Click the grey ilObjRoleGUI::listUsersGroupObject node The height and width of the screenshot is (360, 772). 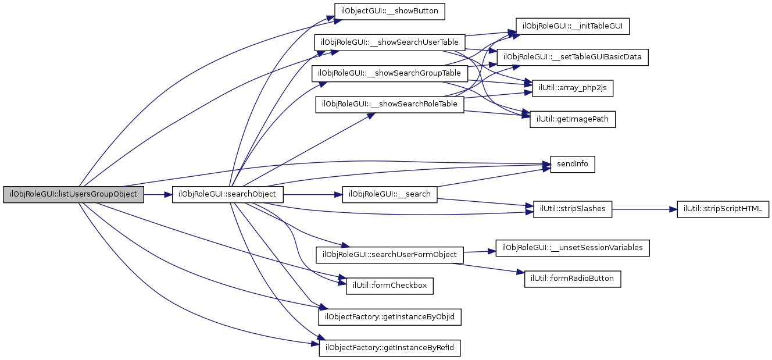click(x=73, y=194)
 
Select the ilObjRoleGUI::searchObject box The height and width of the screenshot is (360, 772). click(x=228, y=194)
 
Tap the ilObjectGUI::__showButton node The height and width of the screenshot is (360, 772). click(x=389, y=11)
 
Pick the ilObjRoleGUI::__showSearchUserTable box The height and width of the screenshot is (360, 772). click(x=389, y=42)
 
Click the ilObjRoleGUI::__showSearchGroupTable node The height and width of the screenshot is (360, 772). click(x=390, y=74)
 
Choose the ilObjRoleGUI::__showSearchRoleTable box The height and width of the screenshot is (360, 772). click(x=389, y=105)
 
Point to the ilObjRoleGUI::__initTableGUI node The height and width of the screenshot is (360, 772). click(x=573, y=26)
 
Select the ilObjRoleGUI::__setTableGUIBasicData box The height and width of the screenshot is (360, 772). click(x=573, y=57)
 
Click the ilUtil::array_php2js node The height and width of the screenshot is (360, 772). click(x=569, y=88)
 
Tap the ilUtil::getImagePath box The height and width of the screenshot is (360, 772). click(x=572, y=120)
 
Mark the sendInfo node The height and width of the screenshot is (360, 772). click(x=573, y=164)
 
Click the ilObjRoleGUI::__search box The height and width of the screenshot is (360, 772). click(x=389, y=194)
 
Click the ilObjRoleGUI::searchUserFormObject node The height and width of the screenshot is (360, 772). click(x=389, y=255)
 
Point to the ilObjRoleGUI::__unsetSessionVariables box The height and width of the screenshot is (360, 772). click(x=573, y=248)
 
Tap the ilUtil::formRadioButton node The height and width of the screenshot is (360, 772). click(x=573, y=279)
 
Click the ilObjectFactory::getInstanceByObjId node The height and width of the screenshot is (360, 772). click(x=390, y=317)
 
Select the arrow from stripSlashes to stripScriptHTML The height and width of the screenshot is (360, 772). click(x=644, y=208)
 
